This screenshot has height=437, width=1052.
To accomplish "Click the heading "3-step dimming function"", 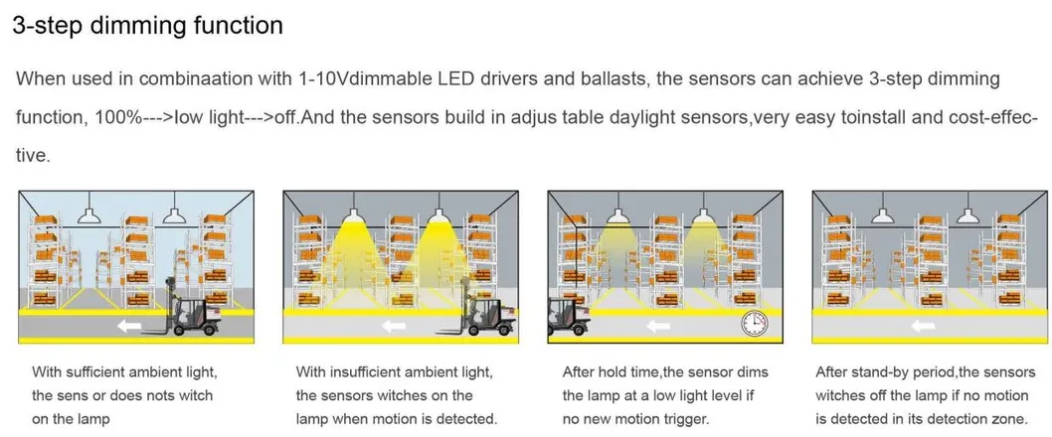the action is (x=147, y=26).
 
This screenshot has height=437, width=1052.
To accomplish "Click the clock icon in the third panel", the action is (x=754, y=323).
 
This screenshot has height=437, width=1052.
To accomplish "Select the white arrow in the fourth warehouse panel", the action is (x=923, y=327).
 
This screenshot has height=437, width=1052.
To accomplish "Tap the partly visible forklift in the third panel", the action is (x=568, y=316).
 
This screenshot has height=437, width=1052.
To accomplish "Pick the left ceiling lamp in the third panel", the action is (x=616, y=215).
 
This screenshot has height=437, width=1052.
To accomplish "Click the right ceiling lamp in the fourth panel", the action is (x=967, y=215).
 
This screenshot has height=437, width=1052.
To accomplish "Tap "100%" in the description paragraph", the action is (x=118, y=117).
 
